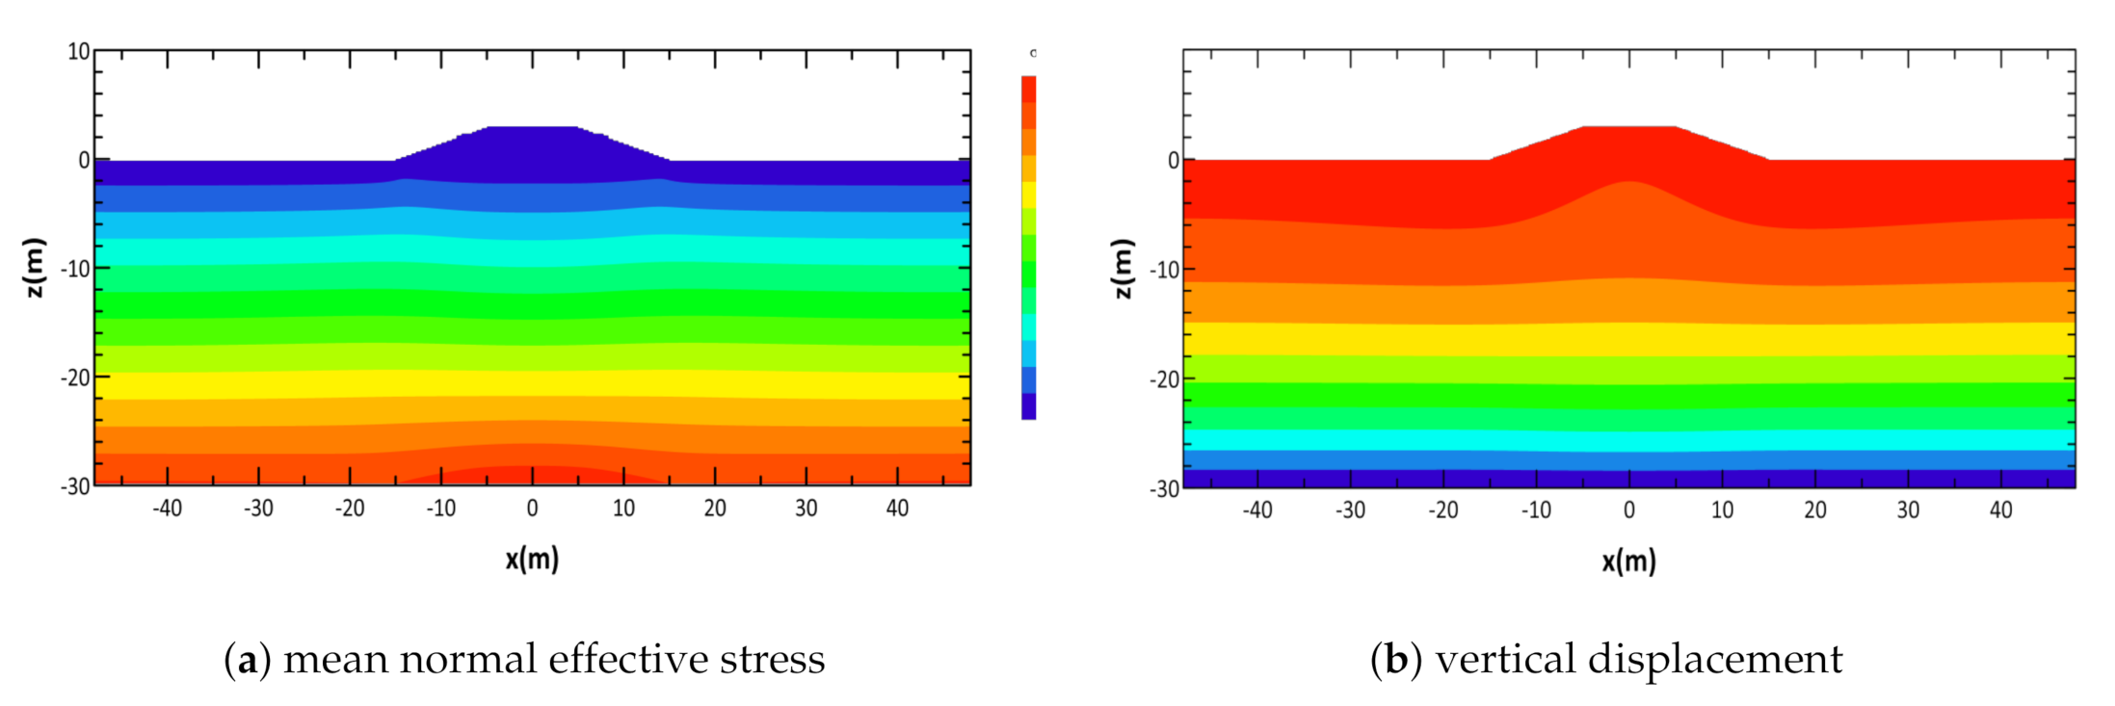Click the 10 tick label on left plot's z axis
(78, 52)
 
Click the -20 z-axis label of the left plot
(74, 378)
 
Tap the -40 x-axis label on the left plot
(167, 509)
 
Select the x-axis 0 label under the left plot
(532, 509)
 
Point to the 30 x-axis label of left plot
(806, 509)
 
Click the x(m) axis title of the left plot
(532, 559)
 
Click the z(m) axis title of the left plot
(34, 268)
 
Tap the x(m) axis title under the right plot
(1628, 561)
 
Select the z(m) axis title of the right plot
(1123, 269)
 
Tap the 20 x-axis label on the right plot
(1814, 510)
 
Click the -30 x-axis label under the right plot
(1349, 510)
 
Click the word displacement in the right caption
(1714, 660)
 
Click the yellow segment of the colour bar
(1029, 195)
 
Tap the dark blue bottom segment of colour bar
(1029, 406)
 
